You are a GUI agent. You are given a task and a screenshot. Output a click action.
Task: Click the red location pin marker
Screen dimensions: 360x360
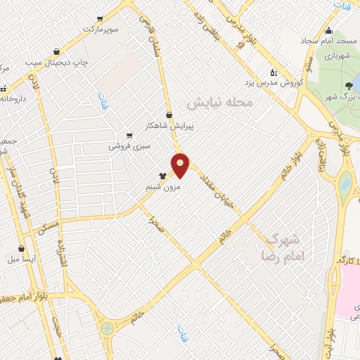(181, 165)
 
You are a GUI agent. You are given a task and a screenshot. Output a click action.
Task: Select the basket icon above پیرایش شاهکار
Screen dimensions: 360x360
(169, 115)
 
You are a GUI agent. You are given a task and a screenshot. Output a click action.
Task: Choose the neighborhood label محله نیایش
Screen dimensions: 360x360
(224, 103)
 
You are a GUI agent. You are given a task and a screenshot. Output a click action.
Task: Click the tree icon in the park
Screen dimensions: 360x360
(349, 87)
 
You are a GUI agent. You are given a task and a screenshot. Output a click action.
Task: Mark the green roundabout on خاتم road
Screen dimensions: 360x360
(108, 328)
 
